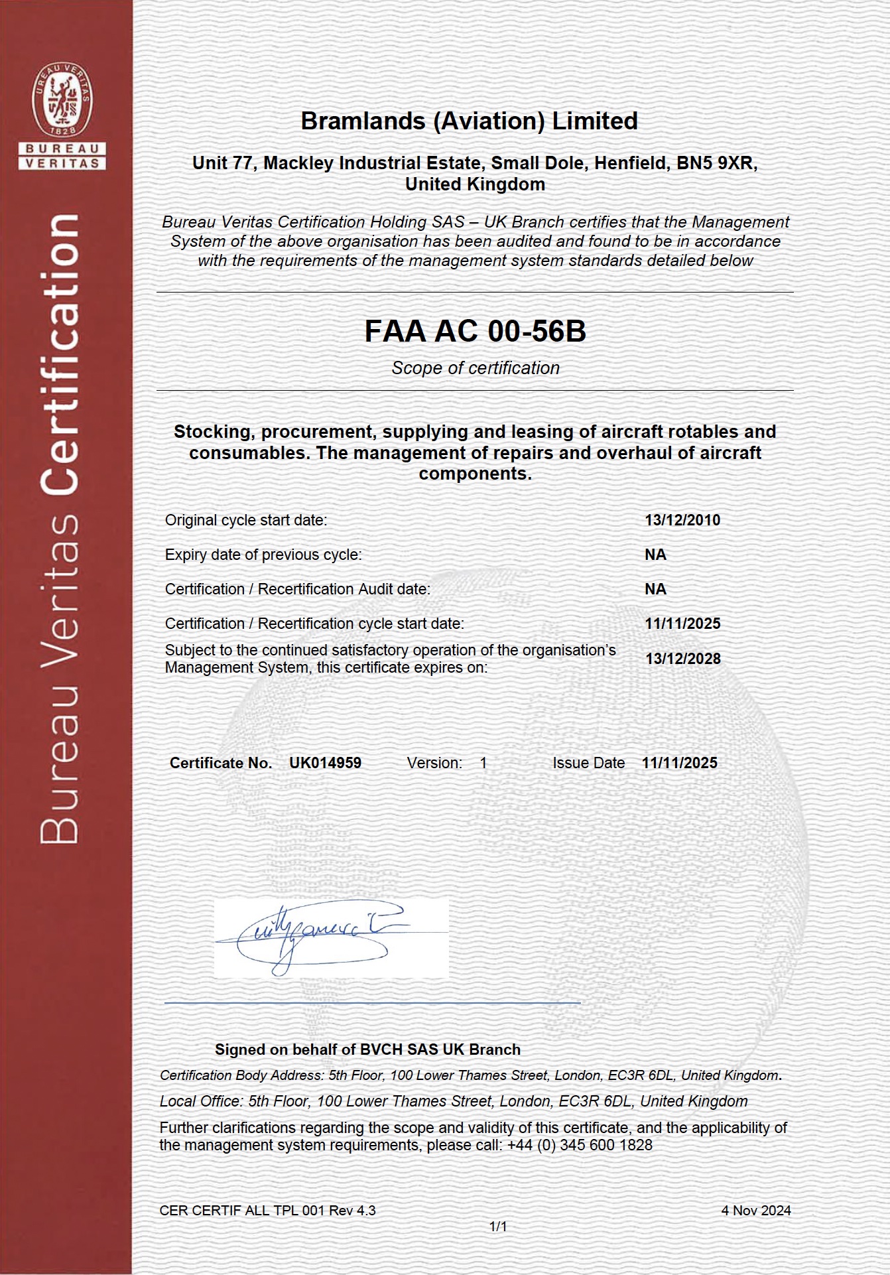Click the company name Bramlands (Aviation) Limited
[x=469, y=121]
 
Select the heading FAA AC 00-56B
[x=475, y=331]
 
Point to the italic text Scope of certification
[x=475, y=368]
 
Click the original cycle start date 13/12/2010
[x=682, y=520]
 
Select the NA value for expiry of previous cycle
[x=655, y=555]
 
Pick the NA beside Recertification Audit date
[x=655, y=589]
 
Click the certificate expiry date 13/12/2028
[x=683, y=659]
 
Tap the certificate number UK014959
[x=325, y=763]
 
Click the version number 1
[x=483, y=763]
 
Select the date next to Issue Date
[x=679, y=763]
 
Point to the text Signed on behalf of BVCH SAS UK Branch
[x=367, y=1049]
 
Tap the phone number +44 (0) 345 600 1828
[x=580, y=1145]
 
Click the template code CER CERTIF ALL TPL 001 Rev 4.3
[x=267, y=1211]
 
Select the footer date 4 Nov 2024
[x=756, y=1211]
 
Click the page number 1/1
[x=498, y=1227]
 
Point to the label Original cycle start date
[x=246, y=520]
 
